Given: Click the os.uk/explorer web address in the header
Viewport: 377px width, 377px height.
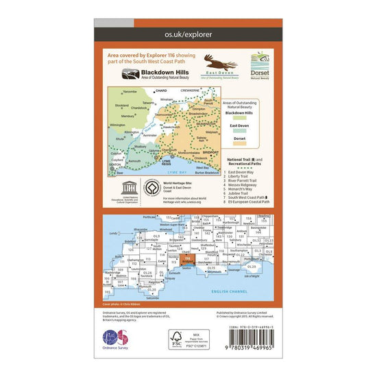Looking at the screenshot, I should pos(188,32).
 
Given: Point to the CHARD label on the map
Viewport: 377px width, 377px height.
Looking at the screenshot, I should pos(161,90).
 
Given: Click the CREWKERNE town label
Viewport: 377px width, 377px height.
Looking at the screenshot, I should pos(195,90).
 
